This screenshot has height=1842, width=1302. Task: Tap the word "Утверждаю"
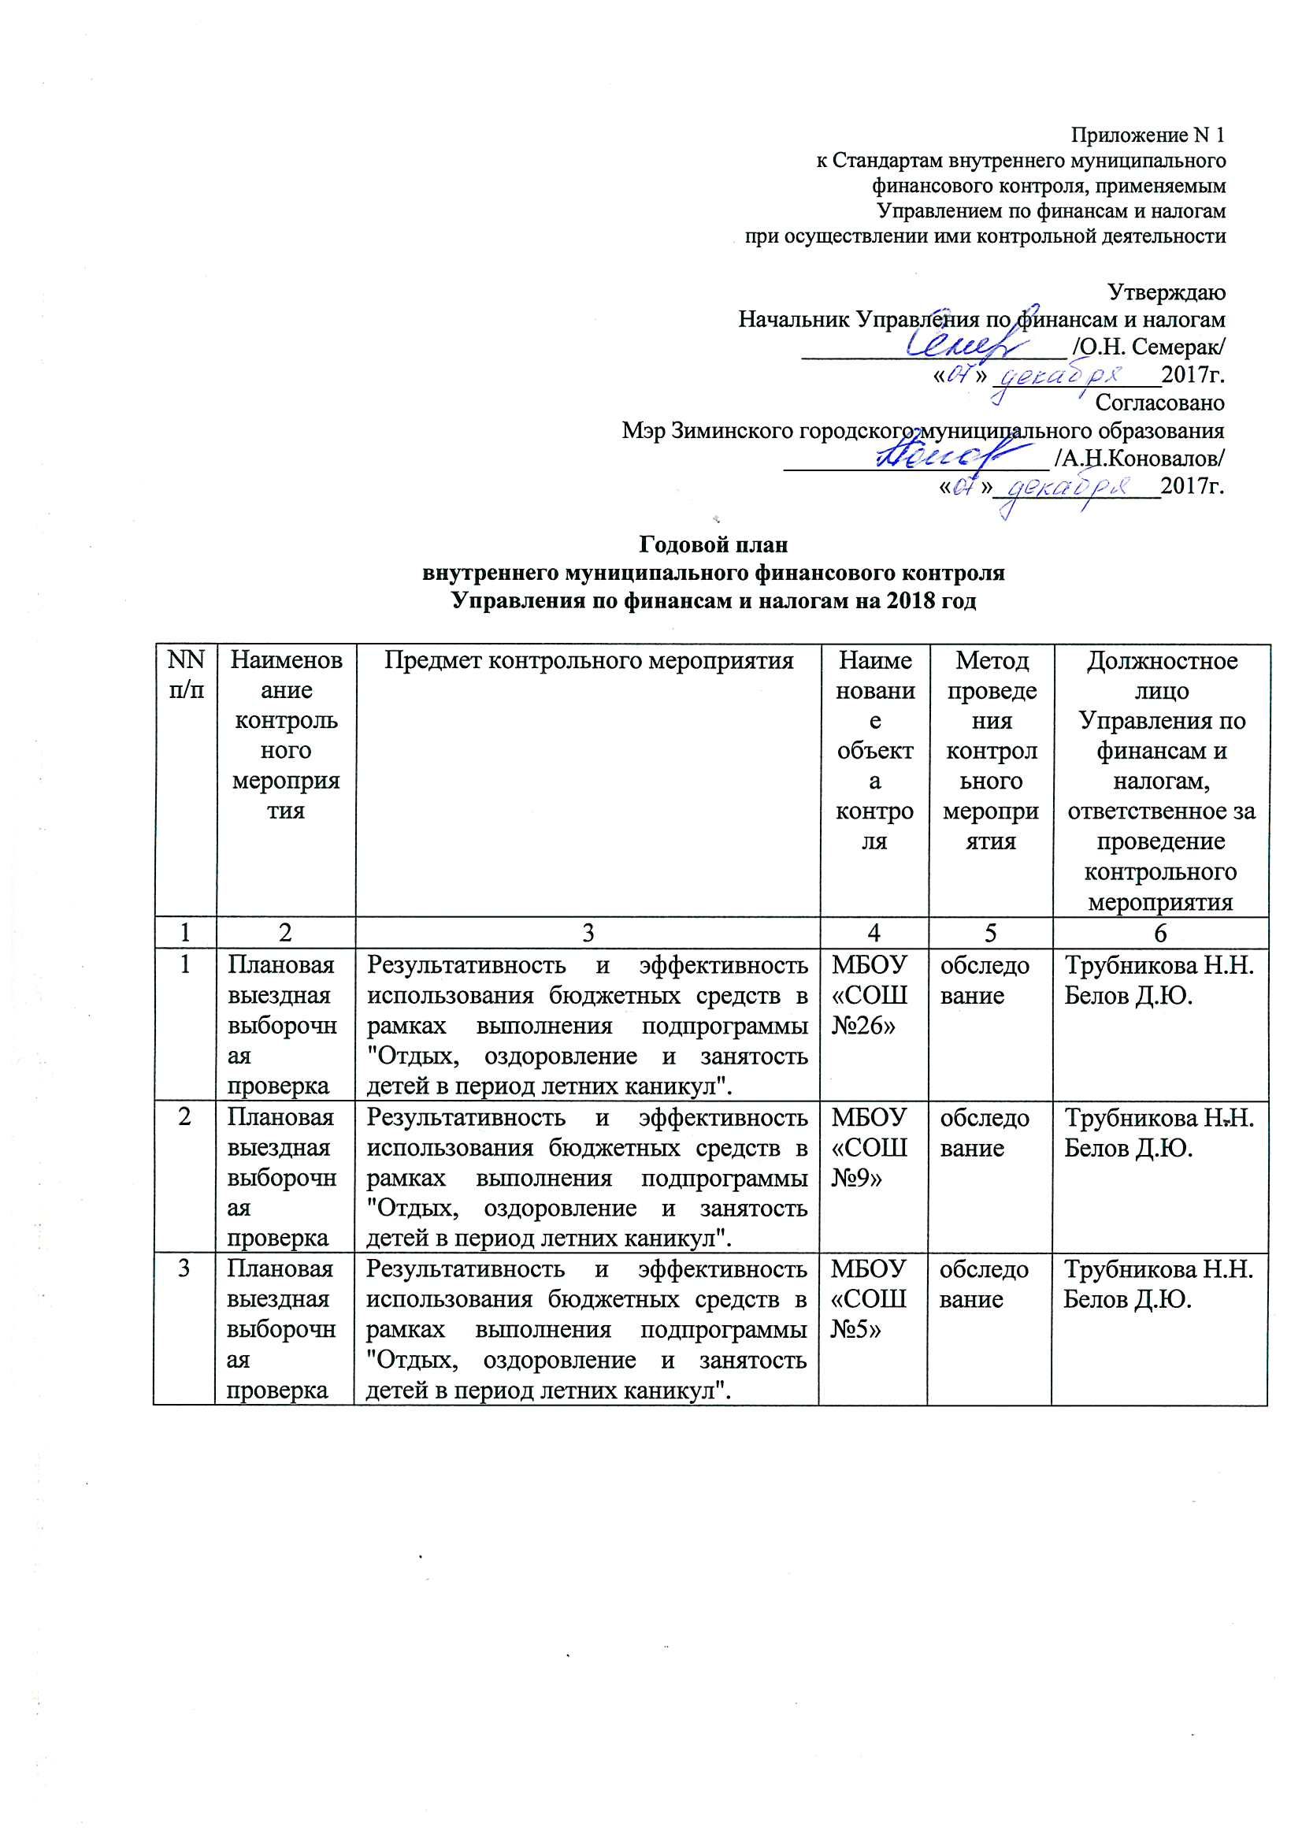tap(1166, 292)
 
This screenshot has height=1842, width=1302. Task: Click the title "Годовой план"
tap(713, 545)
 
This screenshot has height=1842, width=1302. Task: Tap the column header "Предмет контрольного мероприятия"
tap(588, 661)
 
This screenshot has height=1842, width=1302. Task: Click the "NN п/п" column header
tap(185, 675)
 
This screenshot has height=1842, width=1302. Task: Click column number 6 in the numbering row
tap(1160, 933)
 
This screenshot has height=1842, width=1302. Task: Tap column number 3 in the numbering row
tap(588, 933)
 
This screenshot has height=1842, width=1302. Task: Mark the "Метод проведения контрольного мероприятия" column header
tap(992, 751)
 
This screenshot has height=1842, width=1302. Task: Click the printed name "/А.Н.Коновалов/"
tap(1139, 458)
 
